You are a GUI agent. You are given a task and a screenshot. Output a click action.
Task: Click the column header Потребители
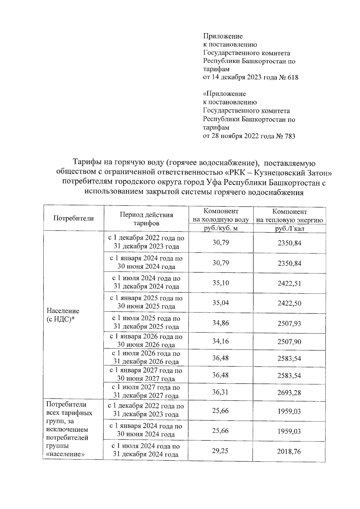point(73,218)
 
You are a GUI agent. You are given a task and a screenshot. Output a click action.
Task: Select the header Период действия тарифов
point(146,219)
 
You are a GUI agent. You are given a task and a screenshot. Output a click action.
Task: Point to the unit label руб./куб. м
point(221,228)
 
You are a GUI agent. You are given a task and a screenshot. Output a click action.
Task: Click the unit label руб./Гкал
point(289,229)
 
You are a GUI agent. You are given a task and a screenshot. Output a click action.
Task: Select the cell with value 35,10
point(221,283)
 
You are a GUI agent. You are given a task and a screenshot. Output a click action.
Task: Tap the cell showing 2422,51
point(289,283)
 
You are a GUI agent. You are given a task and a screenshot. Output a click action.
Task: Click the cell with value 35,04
point(221,303)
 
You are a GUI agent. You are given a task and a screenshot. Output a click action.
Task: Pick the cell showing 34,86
point(221,323)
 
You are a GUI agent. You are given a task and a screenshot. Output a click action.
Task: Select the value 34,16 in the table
point(221,341)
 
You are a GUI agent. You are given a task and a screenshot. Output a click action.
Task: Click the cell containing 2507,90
point(289,342)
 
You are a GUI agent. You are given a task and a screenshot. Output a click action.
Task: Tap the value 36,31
point(221,392)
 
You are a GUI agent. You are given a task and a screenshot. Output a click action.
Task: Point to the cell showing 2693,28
point(289,393)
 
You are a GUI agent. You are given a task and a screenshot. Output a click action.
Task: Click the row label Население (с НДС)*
point(63,315)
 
